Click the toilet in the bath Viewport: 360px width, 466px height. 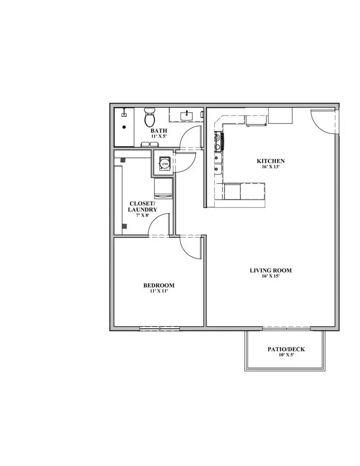click(150, 117)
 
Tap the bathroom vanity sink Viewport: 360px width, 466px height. click(186, 115)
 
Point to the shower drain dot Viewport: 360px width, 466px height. click(124, 127)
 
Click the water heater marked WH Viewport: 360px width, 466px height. click(164, 164)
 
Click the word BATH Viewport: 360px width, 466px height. click(159, 131)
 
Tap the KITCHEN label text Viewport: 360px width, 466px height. click(270, 161)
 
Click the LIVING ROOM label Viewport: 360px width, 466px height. click(270, 271)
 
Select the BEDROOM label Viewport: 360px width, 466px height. click(159, 285)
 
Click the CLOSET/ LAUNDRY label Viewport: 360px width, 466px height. click(142, 206)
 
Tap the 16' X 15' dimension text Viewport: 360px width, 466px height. click(270, 277)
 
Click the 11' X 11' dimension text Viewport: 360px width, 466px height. click(159, 291)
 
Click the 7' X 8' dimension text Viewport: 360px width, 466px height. click(142, 215)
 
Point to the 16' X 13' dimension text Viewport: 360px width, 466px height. click(270, 167)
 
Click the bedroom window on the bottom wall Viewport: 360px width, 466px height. click(160, 329)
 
